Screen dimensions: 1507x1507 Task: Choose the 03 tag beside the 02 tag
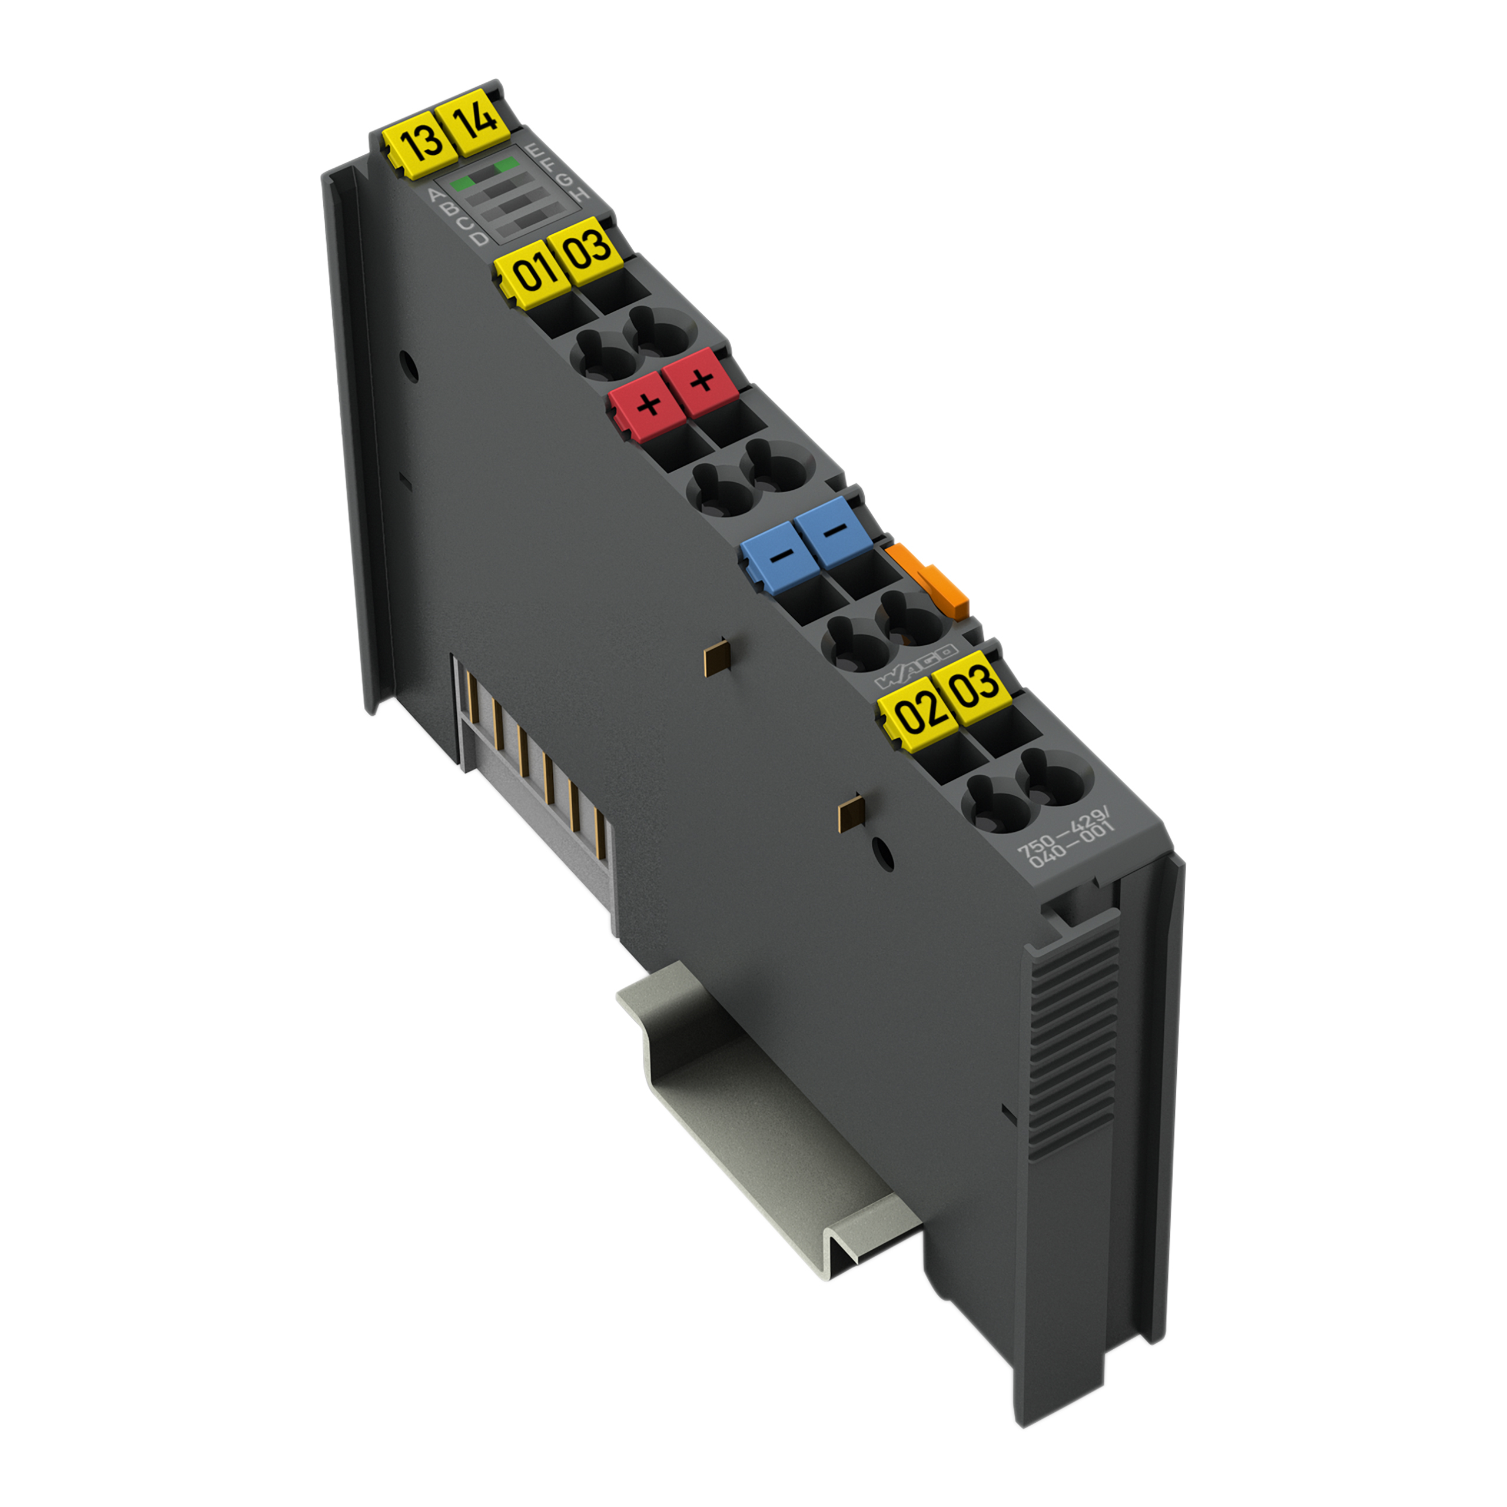pos(971,685)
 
